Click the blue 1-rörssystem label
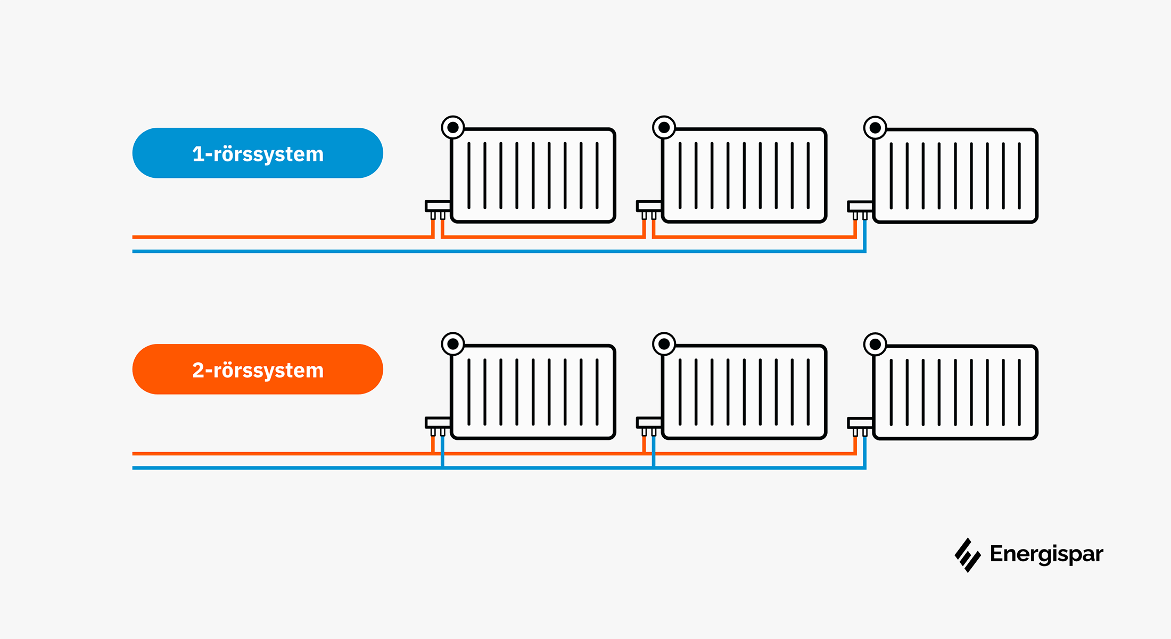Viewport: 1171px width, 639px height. click(258, 153)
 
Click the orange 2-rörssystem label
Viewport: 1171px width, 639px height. click(258, 370)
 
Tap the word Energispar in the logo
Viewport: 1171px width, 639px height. click(1046, 554)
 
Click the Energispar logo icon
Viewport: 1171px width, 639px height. click(967, 555)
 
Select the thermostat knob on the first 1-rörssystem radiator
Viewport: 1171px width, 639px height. click(453, 127)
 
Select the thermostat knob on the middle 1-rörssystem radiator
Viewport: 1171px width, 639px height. click(664, 127)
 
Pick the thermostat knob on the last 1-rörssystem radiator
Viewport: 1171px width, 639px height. click(875, 128)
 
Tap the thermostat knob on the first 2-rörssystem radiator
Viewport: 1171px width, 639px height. click(453, 344)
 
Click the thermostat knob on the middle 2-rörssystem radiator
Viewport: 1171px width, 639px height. click(664, 344)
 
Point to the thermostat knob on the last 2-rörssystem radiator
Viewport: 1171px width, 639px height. click(875, 345)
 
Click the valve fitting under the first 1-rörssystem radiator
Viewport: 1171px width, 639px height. click(438, 208)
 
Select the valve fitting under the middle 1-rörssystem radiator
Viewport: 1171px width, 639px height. click(649, 208)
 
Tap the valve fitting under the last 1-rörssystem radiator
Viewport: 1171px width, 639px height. click(860, 209)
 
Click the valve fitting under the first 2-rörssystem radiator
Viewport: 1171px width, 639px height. click(438, 424)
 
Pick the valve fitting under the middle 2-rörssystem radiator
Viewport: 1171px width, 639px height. click(649, 424)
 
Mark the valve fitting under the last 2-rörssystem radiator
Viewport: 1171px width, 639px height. click(860, 425)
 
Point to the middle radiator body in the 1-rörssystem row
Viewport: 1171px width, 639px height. click(744, 175)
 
